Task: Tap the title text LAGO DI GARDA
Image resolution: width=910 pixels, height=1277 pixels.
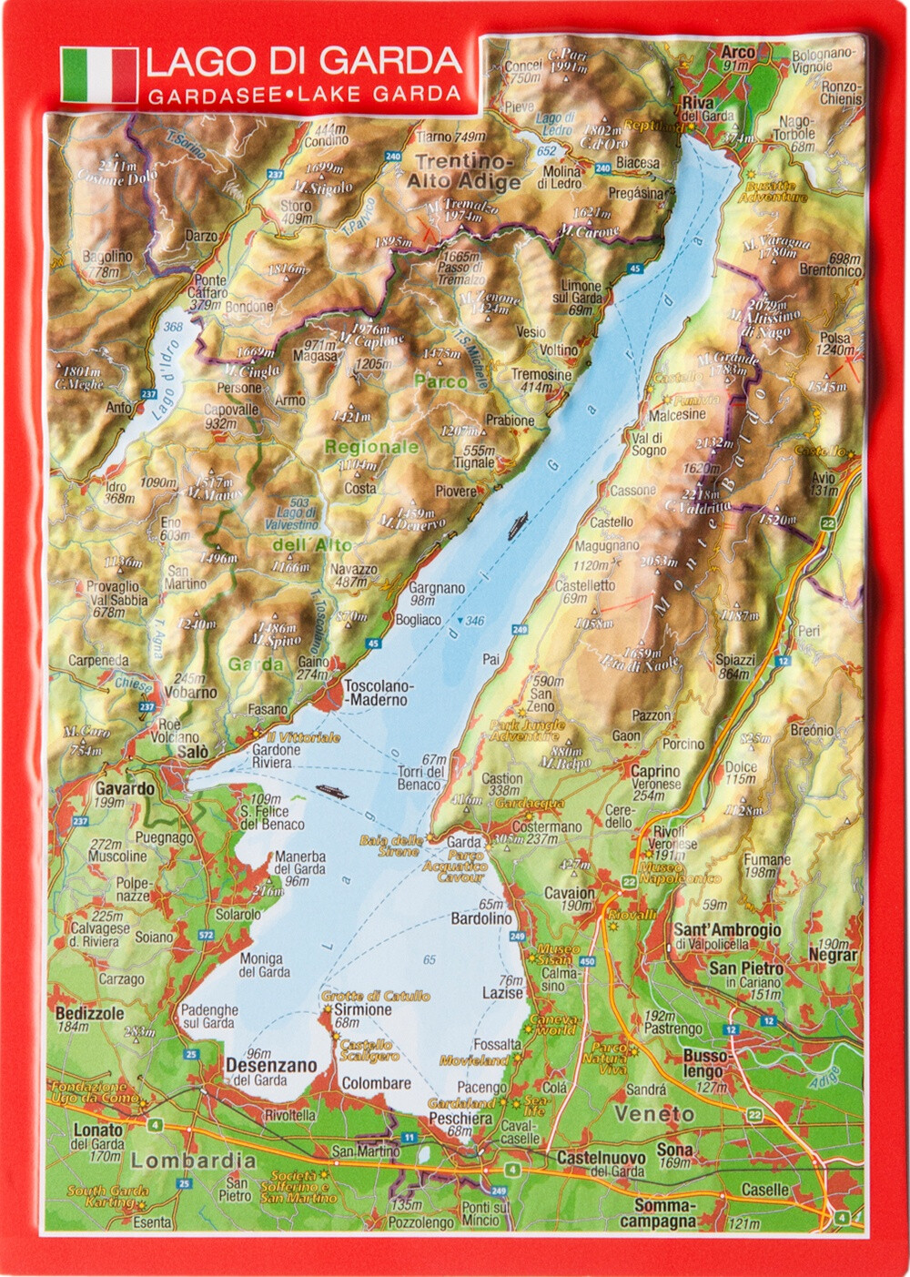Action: (303, 61)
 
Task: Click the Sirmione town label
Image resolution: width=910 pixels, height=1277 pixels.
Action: (362, 1009)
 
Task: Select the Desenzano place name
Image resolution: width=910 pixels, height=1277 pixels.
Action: (271, 1065)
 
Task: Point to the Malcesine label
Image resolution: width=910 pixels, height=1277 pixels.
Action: (676, 414)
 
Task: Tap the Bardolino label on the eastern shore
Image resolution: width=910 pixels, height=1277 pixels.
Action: (481, 919)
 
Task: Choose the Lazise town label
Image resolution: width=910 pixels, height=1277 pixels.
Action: (502, 993)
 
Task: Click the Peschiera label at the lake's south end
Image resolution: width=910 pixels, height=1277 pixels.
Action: (460, 1118)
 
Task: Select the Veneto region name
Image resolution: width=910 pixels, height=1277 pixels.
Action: (653, 1114)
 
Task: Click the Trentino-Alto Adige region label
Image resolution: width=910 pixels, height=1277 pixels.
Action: (464, 171)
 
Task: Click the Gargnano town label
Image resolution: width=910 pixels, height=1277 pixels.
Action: (436, 588)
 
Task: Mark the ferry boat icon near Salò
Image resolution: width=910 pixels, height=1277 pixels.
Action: (330, 792)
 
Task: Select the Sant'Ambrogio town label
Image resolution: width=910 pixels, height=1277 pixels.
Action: (726, 930)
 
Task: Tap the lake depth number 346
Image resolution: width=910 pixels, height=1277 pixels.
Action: (474, 621)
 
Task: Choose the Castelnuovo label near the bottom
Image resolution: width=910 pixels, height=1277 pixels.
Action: (601, 1158)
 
